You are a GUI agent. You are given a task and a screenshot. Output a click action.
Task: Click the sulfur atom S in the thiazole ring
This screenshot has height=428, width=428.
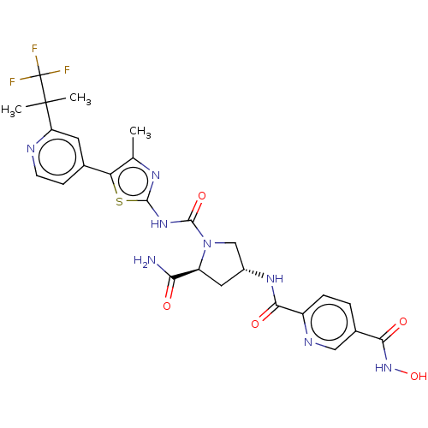pyautogui.click(x=119, y=201)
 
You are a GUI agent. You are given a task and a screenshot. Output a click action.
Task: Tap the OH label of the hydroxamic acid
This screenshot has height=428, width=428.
pyautogui.click(x=419, y=377)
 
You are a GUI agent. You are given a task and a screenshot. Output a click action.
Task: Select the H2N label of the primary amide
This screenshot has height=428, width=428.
pyautogui.click(x=145, y=260)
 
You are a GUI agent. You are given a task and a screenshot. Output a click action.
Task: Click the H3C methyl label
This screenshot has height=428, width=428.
pyautogui.click(x=11, y=110)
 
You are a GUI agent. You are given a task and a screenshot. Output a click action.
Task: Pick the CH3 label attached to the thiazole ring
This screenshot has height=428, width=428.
pyautogui.click(x=140, y=132)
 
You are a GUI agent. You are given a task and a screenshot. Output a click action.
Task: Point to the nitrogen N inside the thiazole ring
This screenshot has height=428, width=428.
pyautogui.click(x=156, y=175)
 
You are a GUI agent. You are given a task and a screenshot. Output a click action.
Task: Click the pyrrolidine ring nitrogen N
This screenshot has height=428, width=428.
pyautogui.click(x=207, y=244)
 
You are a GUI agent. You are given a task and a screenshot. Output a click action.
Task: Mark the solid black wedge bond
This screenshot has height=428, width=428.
pyautogui.click(x=185, y=273)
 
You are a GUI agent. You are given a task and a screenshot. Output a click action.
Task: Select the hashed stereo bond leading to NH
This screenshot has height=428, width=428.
pyautogui.click(x=253, y=273)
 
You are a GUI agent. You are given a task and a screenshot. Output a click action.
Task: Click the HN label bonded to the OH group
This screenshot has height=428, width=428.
pyautogui.click(x=383, y=368)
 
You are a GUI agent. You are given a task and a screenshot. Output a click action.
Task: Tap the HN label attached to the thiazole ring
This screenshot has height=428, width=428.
pyautogui.click(x=159, y=224)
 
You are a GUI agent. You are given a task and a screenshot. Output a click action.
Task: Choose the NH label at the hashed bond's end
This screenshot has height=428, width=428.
pyautogui.click(x=275, y=278)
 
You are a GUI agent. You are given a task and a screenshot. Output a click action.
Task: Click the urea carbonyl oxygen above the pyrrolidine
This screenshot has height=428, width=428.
pyautogui.click(x=202, y=196)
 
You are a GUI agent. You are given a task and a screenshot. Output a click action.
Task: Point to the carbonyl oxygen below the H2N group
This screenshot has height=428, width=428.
pyautogui.click(x=167, y=306)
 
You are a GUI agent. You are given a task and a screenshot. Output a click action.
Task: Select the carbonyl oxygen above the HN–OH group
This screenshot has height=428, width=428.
pyautogui.click(x=403, y=322)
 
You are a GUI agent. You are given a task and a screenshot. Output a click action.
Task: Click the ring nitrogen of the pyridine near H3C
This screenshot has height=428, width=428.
pyautogui.click(x=31, y=149)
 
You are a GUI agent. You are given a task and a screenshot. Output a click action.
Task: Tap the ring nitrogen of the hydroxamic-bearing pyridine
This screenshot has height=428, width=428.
pyautogui.click(x=308, y=342)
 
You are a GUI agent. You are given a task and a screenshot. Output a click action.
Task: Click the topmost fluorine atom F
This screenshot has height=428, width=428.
pyautogui.click(x=34, y=49)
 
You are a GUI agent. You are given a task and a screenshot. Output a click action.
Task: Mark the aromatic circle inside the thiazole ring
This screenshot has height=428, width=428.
pyautogui.click(x=133, y=181)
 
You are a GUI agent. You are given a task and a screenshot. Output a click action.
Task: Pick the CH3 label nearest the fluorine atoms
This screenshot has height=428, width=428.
pyautogui.click(x=80, y=98)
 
